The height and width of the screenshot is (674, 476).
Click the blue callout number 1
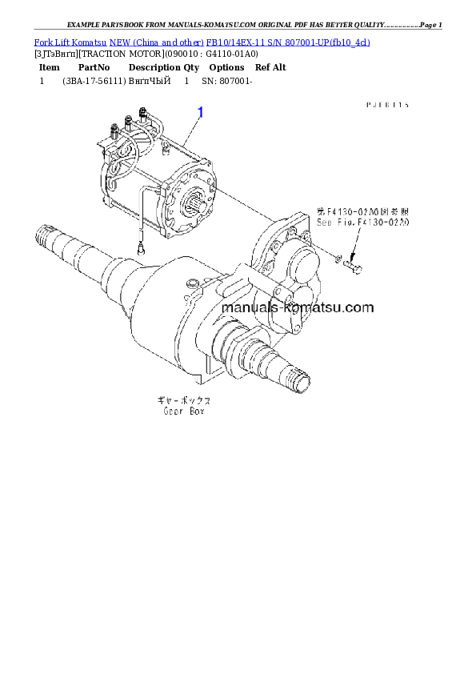point(200,112)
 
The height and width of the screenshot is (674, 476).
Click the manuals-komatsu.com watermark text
point(297,307)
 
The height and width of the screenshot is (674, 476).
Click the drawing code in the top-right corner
point(388,104)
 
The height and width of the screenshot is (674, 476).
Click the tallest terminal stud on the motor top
point(143,114)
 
